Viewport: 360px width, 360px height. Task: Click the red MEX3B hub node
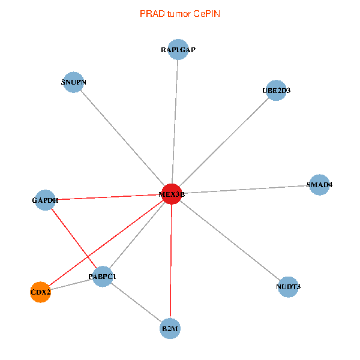pyautogui.click(x=172, y=194)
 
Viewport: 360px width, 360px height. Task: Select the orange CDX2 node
pyautogui.click(x=40, y=292)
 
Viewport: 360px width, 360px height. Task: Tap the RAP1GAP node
pyautogui.click(x=178, y=50)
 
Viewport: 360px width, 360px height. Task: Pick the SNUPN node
pyautogui.click(x=74, y=82)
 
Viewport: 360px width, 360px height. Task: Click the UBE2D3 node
pyautogui.click(x=276, y=91)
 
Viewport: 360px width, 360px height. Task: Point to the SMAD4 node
pyautogui.click(x=319, y=184)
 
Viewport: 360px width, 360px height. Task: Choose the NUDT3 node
pyautogui.click(x=289, y=287)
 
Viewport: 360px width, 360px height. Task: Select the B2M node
pyautogui.click(x=170, y=329)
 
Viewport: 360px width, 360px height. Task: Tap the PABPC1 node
pyautogui.click(x=103, y=277)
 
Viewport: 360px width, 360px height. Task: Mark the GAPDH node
pyautogui.click(x=45, y=200)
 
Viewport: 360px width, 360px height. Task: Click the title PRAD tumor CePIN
pyautogui.click(x=180, y=13)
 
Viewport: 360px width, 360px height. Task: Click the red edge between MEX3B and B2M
pyautogui.click(x=172, y=264)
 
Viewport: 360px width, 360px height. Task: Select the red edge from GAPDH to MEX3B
pyautogui.click(x=108, y=197)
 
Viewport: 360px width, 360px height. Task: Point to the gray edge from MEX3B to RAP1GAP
pyautogui.click(x=175, y=120)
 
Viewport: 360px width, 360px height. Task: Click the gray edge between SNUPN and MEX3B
pyautogui.click(x=123, y=138)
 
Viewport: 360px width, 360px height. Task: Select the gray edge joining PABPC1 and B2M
pyautogui.click(x=137, y=303)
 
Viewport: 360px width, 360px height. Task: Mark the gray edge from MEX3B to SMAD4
pyautogui.click(x=246, y=189)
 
